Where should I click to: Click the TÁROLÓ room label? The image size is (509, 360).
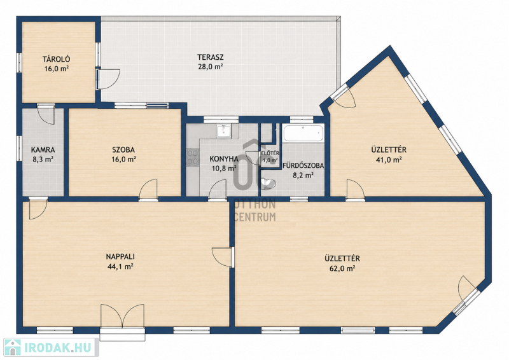click(57, 59)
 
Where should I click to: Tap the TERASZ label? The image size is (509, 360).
click(211, 57)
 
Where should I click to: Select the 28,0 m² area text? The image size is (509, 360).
click(211, 67)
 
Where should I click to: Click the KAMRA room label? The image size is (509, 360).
click(43, 150)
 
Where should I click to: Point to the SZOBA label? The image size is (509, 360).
click(123, 150)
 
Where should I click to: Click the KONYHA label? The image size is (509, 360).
click(224, 159)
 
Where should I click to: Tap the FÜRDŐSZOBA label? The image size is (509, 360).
click(303, 165)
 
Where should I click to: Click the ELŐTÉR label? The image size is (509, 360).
click(270, 153)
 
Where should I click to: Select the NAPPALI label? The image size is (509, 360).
click(120, 257)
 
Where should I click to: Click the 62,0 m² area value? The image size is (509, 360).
click(342, 268)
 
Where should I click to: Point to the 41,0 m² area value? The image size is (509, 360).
click(389, 160)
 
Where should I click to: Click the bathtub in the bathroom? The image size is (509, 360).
click(303, 133)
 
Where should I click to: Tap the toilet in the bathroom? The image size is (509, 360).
click(268, 184)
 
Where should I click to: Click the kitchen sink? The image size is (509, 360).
click(223, 131)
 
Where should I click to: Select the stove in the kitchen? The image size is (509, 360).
click(193, 157)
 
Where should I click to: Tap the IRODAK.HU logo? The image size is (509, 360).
click(51, 348)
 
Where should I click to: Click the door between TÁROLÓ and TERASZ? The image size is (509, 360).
click(108, 79)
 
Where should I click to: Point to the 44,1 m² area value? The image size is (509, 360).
click(120, 267)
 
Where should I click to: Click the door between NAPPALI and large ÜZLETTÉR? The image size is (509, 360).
click(223, 258)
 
